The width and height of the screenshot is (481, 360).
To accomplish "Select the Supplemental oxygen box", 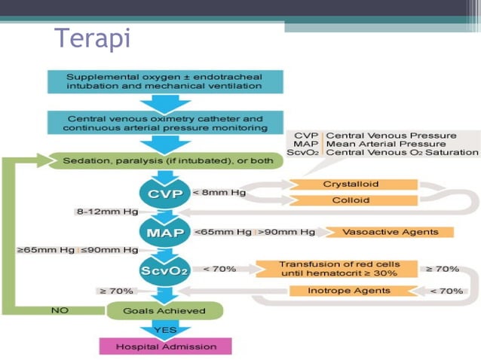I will pos(164,81).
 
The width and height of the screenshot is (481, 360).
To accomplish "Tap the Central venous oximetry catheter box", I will pos(164,123).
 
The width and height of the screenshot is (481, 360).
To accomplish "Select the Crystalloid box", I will pos(351,185).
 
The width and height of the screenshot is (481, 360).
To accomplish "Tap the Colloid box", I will pos(351,200).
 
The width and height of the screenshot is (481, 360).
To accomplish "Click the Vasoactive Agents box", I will pos(390,232).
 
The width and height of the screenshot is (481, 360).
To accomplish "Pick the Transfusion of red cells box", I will pos(339,269).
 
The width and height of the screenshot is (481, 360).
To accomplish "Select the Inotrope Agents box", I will pos(349,291).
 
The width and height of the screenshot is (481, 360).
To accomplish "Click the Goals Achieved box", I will pos(164,310).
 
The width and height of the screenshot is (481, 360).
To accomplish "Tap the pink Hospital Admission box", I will pos(165,346).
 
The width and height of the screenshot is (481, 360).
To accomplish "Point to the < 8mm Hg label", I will pos(219,193).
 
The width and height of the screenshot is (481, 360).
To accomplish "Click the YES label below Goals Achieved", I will pos(164,329).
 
